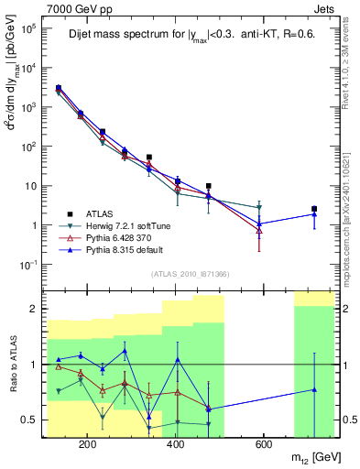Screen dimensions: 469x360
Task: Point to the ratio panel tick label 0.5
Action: (32, 420)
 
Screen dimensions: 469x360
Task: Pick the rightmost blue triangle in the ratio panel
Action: (314, 389)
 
